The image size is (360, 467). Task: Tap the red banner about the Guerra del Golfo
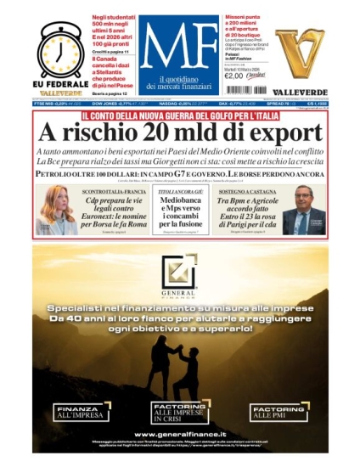pyautogui.click(x=179, y=116)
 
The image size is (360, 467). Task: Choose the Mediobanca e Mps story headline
pyautogui.click(x=179, y=209)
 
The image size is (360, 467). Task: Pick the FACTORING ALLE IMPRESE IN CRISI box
pyautogui.click(x=179, y=413)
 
